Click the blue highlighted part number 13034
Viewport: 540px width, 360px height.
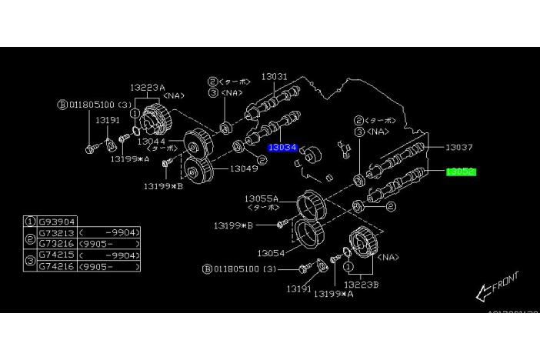(x=282, y=146)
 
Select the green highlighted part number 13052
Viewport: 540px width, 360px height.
(x=461, y=172)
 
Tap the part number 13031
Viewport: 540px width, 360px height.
(x=273, y=77)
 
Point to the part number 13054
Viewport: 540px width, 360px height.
(x=271, y=252)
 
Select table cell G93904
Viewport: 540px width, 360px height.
(x=56, y=221)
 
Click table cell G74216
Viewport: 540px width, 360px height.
(x=56, y=265)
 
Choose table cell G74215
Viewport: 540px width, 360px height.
(x=56, y=254)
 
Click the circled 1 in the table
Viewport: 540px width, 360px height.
(x=31, y=221)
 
